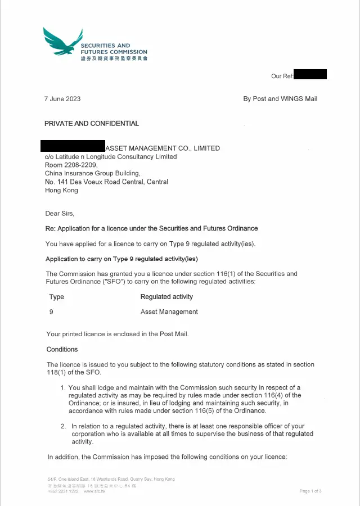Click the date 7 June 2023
click(x=62, y=99)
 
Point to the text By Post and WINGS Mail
click(x=280, y=99)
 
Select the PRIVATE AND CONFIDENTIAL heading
click(x=92, y=124)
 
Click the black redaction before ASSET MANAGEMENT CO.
click(x=73, y=146)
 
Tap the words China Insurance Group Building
click(x=93, y=174)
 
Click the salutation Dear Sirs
click(x=60, y=214)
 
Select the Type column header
click(x=57, y=297)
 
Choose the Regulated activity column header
click(x=166, y=297)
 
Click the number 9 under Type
click(x=52, y=312)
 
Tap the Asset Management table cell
click(x=169, y=312)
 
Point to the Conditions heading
click(x=62, y=350)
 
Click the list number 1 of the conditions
click(x=63, y=388)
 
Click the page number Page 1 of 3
click(x=310, y=491)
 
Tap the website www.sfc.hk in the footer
click(x=94, y=491)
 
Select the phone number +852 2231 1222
click(x=63, y=491)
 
